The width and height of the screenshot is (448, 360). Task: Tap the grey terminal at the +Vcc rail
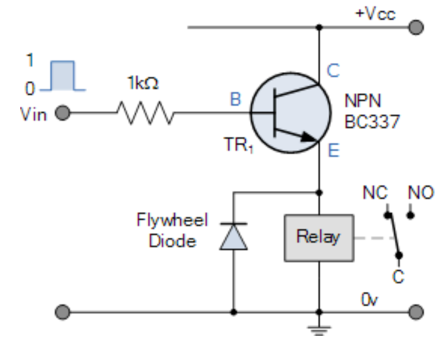click(x=415, y=28)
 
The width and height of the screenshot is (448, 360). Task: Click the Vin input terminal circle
click(x=63, y=114)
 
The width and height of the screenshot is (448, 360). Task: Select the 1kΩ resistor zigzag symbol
click(x=145, y=113)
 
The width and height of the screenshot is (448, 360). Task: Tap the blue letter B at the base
click(x=235, y=100)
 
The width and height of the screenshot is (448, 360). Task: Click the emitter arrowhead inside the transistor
click(x=309, y=137)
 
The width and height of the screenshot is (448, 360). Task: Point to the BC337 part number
click(x=372, y=121)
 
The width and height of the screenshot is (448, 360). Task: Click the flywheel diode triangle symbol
click(x=233, y=237)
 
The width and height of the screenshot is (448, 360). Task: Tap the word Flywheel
click(x=172, y=220)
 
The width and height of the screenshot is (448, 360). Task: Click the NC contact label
click(x=375, y=192)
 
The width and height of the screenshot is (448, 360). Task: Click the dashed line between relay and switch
click(x=374, y=238)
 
